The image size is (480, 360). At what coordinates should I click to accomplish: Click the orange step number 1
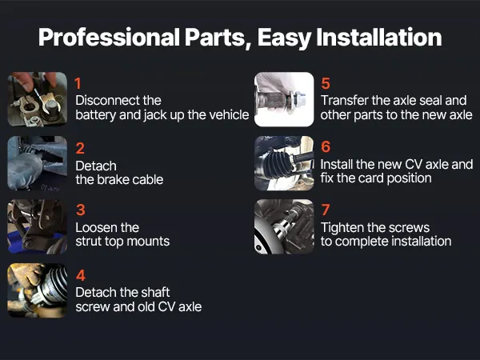[78, 83]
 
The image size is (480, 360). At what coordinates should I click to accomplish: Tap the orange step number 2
[80, 149]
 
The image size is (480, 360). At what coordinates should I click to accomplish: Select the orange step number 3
[81, 210]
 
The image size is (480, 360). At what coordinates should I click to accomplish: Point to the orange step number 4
[81, 275]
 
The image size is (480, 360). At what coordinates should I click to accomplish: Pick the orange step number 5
[326, 83]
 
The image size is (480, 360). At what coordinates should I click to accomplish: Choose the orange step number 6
[326, 147]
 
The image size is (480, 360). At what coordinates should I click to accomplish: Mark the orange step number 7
[326, 210]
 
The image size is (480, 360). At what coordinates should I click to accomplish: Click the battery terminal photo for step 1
[38, 99]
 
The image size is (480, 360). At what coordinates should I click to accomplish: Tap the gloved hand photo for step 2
[38, 163]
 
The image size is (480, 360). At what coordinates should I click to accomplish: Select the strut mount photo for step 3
[38, 227]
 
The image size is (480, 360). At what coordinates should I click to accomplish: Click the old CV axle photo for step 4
[38, 290]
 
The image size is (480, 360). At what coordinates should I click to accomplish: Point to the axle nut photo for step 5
[284, 99]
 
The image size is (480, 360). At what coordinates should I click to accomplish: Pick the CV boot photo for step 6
[284, 163]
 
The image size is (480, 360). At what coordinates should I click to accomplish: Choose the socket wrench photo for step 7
[284, 227]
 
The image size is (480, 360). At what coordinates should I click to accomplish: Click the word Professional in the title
[110, 38]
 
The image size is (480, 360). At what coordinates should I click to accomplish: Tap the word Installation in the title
[378, 37]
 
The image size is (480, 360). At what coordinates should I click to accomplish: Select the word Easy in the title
[284, 38]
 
